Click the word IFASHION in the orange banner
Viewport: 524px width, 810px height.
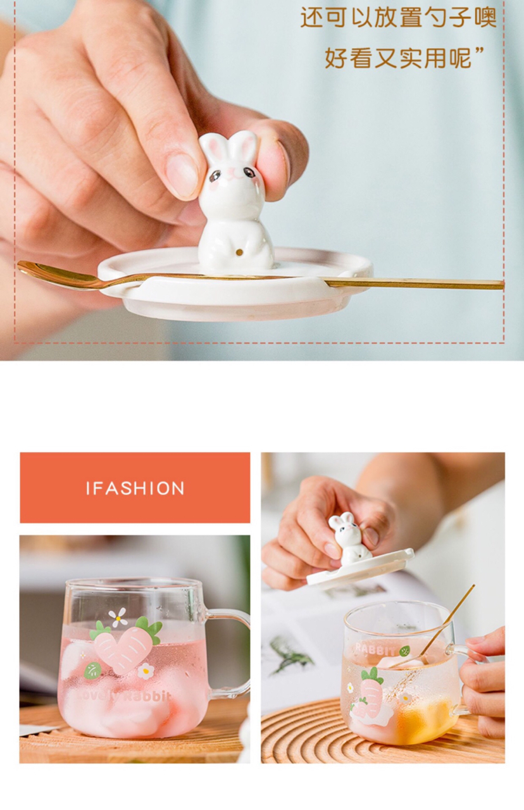tap(135, 489)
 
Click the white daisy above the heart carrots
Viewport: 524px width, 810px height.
tap(117, 616)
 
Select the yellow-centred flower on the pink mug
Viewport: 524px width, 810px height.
tap(146, 671)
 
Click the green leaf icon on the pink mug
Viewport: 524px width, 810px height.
tap(93, 670)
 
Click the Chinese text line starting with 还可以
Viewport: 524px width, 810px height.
tap(399, 17)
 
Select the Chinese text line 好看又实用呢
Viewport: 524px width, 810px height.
tap(404, 58)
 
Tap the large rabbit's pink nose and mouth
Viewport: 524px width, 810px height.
tap(232, 176)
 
